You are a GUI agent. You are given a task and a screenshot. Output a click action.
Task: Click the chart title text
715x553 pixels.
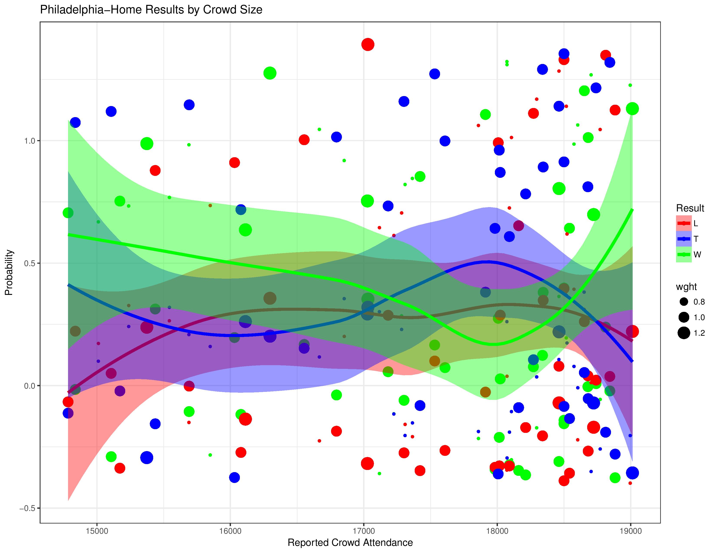point(151,10)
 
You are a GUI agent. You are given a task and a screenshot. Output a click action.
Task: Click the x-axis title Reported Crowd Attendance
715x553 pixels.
point(350,543)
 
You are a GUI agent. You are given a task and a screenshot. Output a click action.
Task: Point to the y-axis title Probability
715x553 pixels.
point(9,273)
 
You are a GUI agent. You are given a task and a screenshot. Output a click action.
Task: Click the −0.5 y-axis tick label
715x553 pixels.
point(28,509)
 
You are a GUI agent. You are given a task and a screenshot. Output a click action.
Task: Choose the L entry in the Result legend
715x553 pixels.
point(684,223)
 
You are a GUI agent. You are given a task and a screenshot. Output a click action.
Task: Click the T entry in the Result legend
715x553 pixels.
point(684,239)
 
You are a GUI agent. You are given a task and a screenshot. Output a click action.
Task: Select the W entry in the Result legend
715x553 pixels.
point(684,255)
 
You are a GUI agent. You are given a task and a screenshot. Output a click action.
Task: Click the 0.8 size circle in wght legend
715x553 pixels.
point(684,301)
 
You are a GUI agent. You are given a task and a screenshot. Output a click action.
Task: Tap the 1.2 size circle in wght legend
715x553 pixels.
point(684,333)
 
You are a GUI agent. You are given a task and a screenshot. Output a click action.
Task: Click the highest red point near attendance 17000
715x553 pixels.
point(368,44)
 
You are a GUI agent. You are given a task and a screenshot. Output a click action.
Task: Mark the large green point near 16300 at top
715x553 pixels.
point(270,73)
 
